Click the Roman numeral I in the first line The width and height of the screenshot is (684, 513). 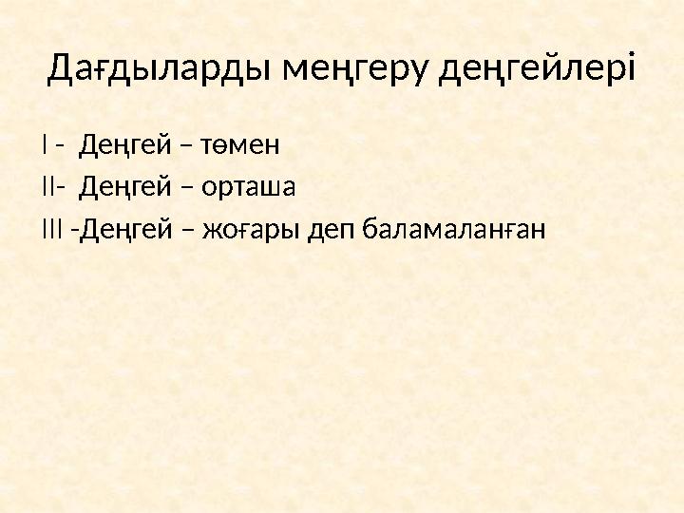[45, 146]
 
